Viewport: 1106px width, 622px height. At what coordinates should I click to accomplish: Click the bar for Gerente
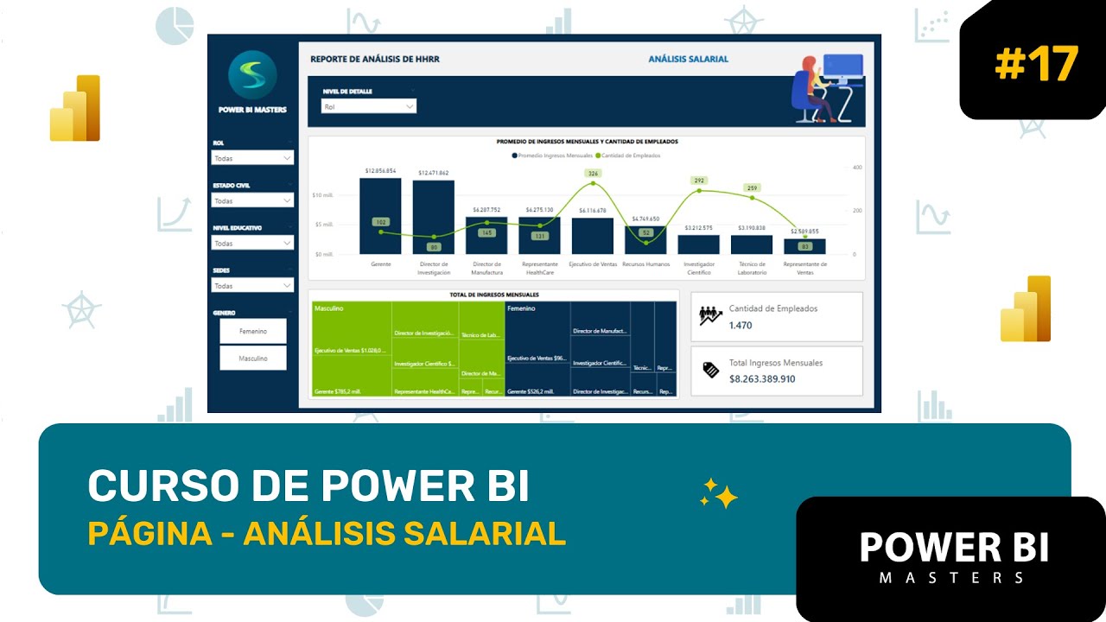click(380, 216)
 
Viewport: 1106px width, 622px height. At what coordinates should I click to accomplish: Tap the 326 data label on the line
click(593, 174)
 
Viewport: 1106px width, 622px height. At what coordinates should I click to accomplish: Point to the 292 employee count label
click(699, 181)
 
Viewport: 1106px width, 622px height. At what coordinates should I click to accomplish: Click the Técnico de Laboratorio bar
click(752, 244)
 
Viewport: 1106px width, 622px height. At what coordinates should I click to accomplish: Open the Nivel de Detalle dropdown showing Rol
click(368, 106)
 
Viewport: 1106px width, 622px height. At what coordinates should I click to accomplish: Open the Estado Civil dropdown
click(253, 200)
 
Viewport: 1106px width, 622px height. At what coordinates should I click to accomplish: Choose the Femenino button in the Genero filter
click(253, 331)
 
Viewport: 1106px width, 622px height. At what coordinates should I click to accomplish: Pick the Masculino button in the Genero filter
click(253, 358)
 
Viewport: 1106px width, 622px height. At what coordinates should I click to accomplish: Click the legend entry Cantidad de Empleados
click(631, 155)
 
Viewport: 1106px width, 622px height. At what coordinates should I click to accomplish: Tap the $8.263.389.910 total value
click(762, 378)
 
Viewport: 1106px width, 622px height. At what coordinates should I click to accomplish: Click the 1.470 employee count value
click(741, 325)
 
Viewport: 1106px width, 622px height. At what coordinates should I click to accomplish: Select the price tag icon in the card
click(711, 370)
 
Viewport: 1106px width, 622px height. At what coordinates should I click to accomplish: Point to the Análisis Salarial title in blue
click(688, 59)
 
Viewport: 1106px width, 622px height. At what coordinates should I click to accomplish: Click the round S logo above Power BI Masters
click(252, 75)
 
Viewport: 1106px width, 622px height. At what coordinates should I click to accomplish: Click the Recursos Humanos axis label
click(645, 263)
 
